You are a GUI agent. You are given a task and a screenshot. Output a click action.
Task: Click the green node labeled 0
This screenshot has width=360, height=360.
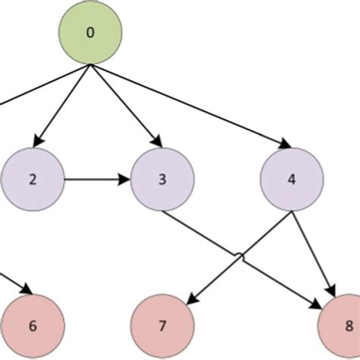(x=90, y=34)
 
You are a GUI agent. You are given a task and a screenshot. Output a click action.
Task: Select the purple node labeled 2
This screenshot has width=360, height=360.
(x=33, y=180)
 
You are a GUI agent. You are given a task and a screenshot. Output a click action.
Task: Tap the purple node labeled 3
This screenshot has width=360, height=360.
(x=162, y=180)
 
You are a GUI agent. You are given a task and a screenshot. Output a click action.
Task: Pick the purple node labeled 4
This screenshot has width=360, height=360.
(x=292, y=180)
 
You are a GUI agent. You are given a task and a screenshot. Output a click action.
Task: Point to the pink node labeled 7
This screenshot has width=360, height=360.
(x=162, y=327)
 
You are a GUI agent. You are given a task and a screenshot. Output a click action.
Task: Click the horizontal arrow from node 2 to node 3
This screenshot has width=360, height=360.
(x=95, y=180)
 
